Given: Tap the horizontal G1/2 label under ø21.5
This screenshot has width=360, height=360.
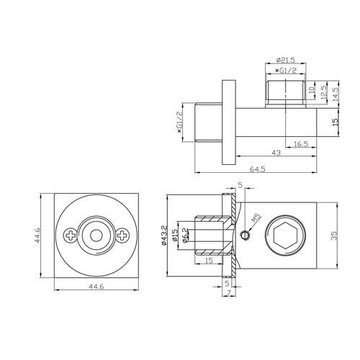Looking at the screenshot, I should [286, 72].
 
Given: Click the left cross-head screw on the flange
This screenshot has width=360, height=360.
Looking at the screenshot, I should [71, 234].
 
